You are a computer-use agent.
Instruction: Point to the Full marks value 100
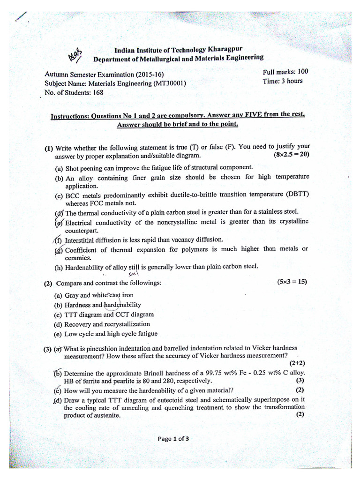click(303, 72)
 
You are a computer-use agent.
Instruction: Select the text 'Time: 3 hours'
click(283, 81)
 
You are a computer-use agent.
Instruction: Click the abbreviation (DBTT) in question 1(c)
click(297, 194)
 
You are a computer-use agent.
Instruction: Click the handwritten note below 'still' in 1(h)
click(134, 273)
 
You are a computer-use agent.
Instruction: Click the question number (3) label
click(48, 348)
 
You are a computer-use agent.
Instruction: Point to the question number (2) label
click(48, 284)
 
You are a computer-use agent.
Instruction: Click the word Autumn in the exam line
click(56, 75)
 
